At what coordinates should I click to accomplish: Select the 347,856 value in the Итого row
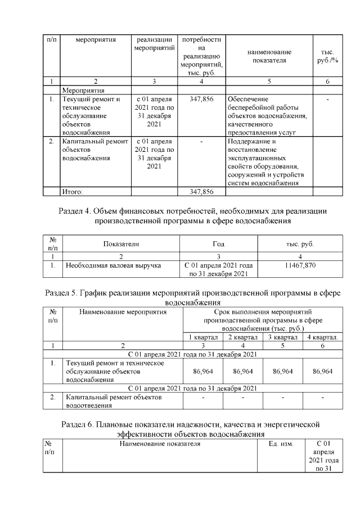201,192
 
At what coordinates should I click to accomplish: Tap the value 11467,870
300,264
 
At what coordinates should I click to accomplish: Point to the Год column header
218,244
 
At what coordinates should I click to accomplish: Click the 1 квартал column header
203,337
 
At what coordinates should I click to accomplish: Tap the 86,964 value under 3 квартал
282,371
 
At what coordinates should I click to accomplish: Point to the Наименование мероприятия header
123,311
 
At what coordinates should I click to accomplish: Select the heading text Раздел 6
190,429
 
